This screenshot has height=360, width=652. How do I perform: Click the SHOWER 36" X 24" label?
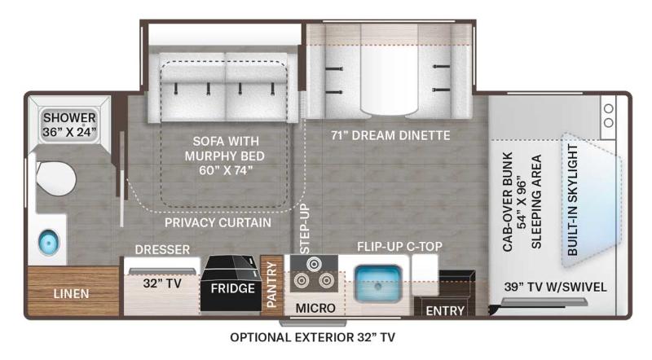tap(69, 125)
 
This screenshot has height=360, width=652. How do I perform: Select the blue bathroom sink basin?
tap(49, 242)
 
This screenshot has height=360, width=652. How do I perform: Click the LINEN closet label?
tap(71, 294)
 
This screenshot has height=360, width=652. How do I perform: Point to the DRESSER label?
tap(162, 249)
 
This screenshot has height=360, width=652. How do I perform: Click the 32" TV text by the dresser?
tap(162, 283)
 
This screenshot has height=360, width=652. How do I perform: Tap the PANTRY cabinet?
tap(271, 285)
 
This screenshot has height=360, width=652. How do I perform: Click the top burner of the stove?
tap(314, 264)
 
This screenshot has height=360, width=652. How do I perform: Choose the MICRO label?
tap(315, 309)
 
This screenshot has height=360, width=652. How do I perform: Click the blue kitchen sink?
tap(378, 284)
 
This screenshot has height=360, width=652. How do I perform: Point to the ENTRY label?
tap(445, 310)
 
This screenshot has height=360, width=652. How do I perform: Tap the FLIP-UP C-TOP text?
tap(399, 247)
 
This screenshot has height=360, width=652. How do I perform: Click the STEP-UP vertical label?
tap(305, 229)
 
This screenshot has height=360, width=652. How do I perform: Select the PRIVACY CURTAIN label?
tap(218, 223)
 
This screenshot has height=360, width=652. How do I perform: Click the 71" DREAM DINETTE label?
tap(390, 135)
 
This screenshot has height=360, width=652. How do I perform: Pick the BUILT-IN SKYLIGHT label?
tap(573, 200)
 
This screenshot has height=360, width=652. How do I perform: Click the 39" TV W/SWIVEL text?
tap(555, 287)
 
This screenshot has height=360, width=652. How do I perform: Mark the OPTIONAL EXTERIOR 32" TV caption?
tap(312, 337)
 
